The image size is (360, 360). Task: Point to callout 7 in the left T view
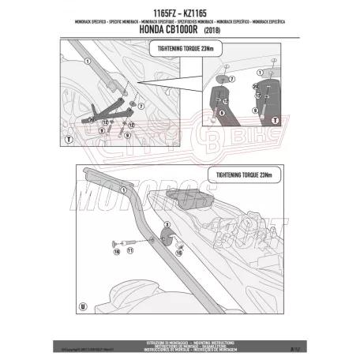(x=141, y=103)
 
